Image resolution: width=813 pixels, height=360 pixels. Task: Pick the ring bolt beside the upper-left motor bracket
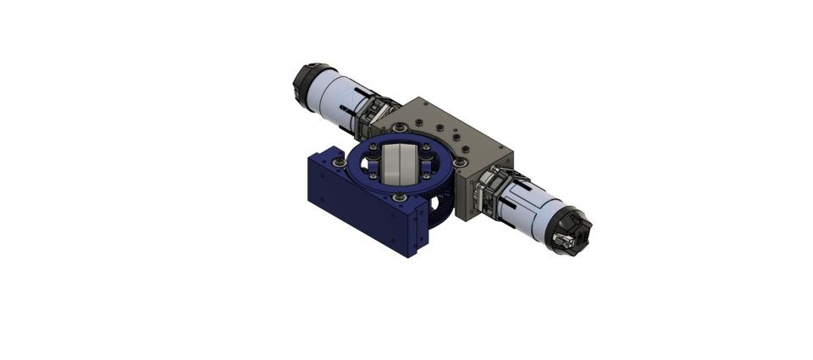click(x=395, y=126)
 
